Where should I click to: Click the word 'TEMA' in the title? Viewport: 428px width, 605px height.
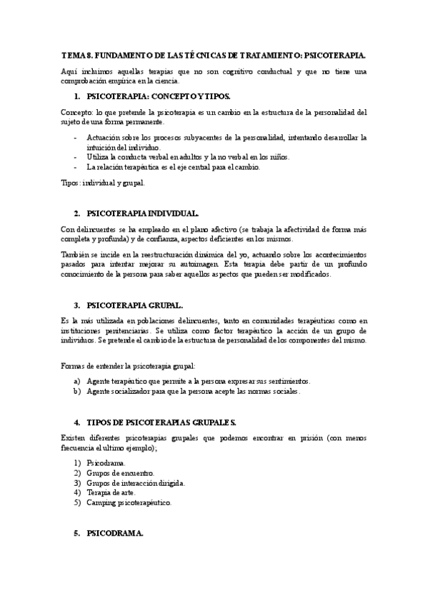pos(72,54)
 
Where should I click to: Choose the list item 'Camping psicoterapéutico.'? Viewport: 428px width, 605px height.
pos(129,502)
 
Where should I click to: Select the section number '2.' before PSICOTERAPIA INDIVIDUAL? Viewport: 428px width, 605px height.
pos(76,213)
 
